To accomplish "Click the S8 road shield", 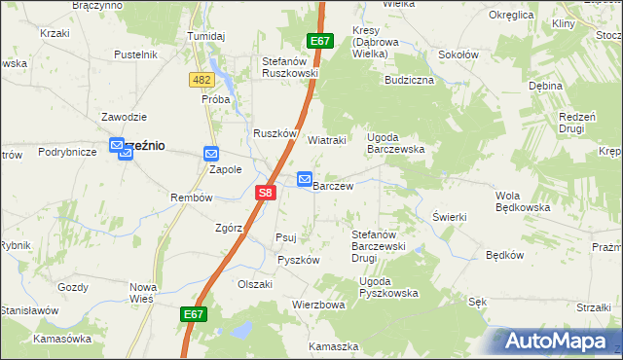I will click(267, 194).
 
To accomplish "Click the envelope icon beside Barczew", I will click(305, 179).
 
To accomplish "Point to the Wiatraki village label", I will click(328, 140).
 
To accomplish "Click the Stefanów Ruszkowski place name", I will click(290, 67).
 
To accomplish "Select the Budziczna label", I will click(409, 81).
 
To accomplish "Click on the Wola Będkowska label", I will click(525, 201).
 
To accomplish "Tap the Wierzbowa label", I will click(319, 305).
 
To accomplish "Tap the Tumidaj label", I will click(205, 36).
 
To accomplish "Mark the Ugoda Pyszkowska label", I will click(388, 287).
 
